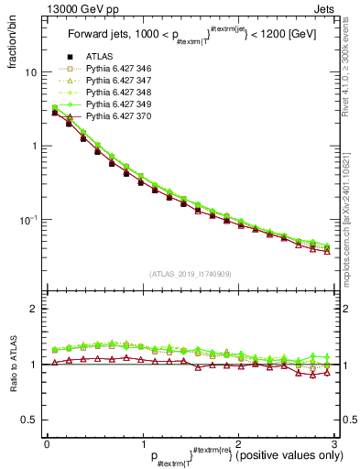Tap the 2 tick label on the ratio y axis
(x=34, y=310)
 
